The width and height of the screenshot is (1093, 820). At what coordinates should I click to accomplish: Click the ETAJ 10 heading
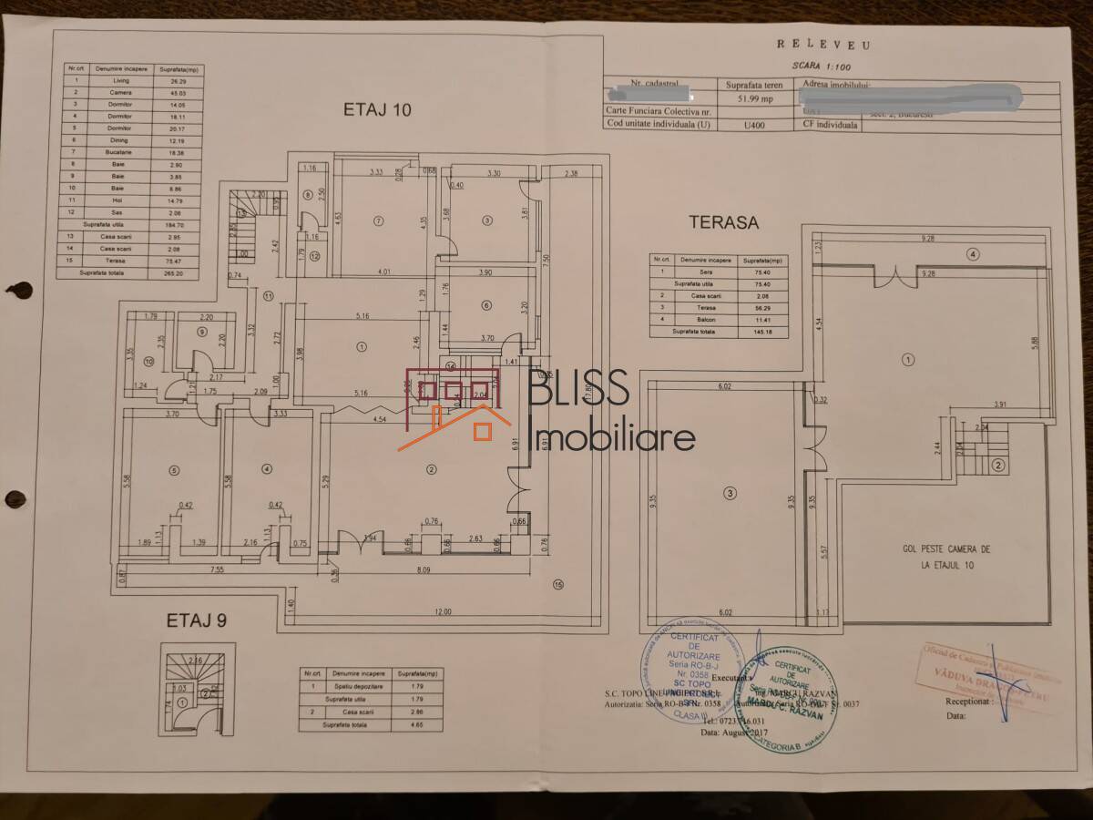(377, 110)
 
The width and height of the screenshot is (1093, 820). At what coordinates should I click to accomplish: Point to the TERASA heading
(724, 221)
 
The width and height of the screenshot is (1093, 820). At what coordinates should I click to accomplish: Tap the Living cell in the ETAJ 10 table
(109, 80)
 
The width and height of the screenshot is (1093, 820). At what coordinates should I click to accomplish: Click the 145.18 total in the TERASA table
(753, 332)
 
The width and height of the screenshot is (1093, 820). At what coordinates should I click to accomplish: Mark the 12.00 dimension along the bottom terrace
(443, 611)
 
